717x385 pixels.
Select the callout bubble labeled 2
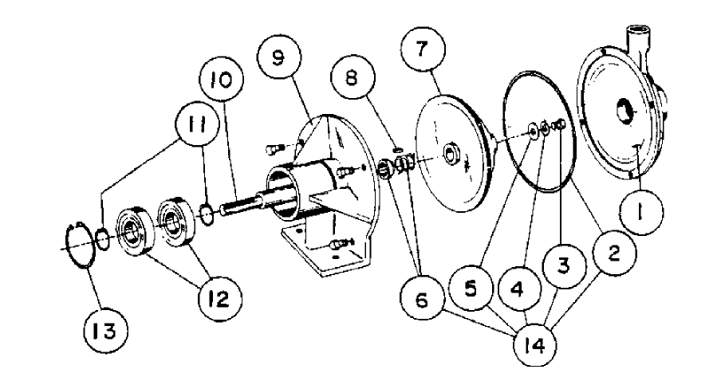tap(613, 257)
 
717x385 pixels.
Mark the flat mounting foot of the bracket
tap(319, 255)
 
